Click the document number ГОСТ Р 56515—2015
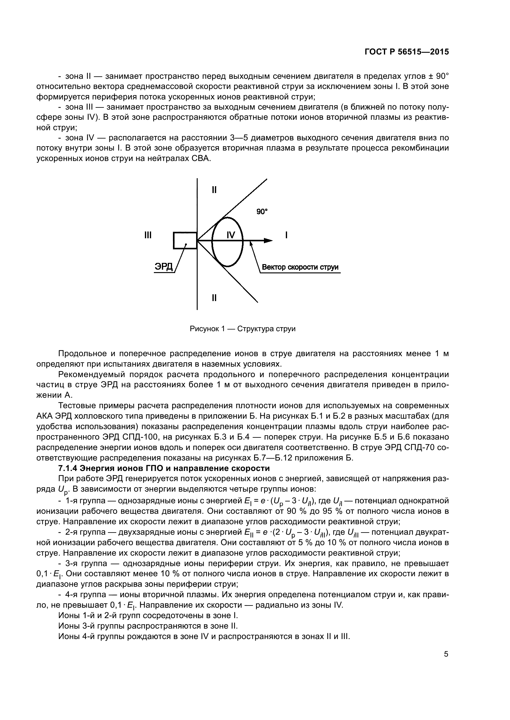pyautogui.click(x=406, y=52)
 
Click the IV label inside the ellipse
pyautogui.click(x=231, y=235)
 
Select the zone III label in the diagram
pyautogui.click(x=148, y=235)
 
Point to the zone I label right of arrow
pyautogui.click(x=286, y=235)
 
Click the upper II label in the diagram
pyautogui.click(x=214, y=190)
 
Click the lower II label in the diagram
pyautogui.click(x=214, y=298)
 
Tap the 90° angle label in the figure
pyautogui.click(x=262, y=212)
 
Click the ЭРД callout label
pyautogui.click(x=164, y=267)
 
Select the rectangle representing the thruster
pyautogui.click(x=185, y=240)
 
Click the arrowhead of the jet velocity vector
pyautogui.click(x=268, y=240)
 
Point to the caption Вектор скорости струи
pyautogui.click(x=300, y=267)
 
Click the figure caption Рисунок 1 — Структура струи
pyautogui.click(x=242, y=329)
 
